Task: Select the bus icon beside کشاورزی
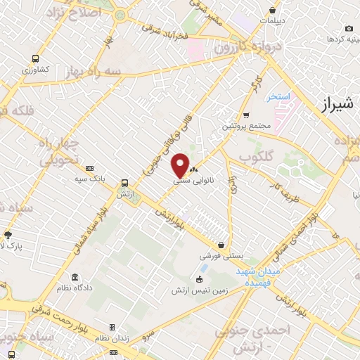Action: [34, 59]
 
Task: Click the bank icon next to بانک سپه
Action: [89, 168]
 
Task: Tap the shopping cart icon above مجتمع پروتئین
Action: [245, 115]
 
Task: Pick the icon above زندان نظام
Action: [112, 328]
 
